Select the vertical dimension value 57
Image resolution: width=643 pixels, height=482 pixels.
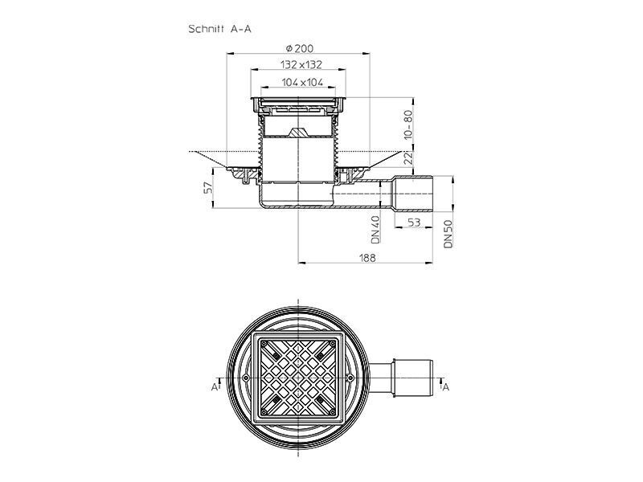[x=208, y=188]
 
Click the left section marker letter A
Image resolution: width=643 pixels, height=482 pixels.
[x=215, y=386]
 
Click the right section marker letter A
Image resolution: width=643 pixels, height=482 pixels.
[x=446, y=386]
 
